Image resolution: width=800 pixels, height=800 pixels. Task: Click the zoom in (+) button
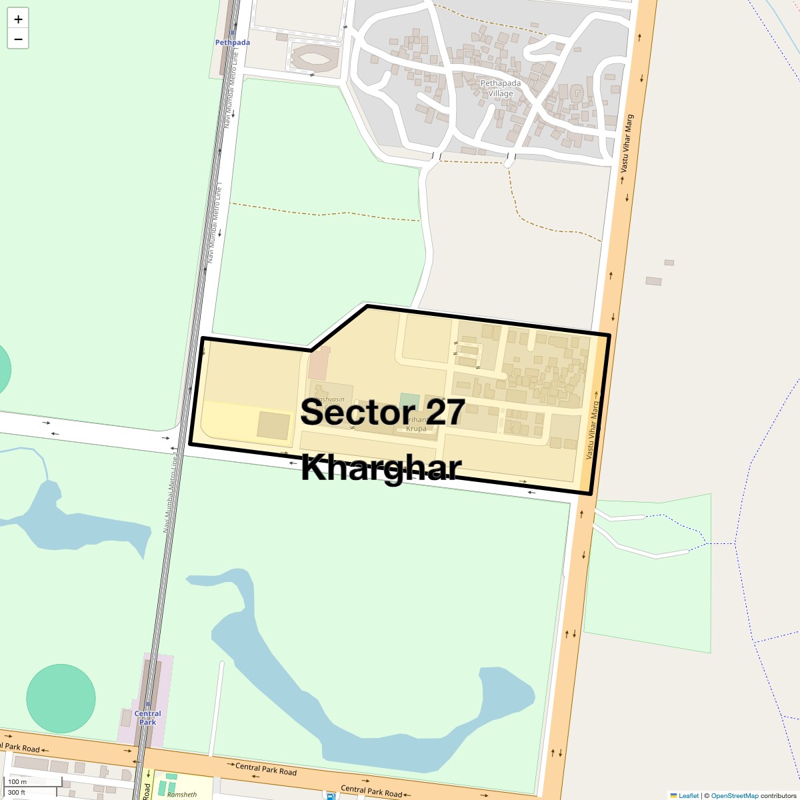coord(18,19)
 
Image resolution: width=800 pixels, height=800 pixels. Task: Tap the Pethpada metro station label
coord(232,43)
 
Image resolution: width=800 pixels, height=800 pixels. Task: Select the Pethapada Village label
coord(501,88)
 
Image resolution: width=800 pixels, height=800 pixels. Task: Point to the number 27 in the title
coord(445,412)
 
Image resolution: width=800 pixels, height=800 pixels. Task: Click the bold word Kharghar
coord(381,467)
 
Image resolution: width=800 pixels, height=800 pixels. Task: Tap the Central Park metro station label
coord(147,717)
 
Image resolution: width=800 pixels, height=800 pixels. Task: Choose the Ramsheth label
coord(182,794)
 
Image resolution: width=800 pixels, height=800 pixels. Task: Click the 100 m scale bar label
coord(18,781)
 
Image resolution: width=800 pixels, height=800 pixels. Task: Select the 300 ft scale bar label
coord(17,793)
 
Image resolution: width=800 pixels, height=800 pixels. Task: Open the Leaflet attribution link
coord(688,795)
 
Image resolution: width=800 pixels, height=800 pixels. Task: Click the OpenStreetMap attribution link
coord(734,795)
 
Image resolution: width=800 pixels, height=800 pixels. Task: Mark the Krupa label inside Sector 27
coord(416,429)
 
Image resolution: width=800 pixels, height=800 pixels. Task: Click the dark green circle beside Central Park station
coord(61,698)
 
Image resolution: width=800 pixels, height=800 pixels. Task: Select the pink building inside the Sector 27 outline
coord(319,363)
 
